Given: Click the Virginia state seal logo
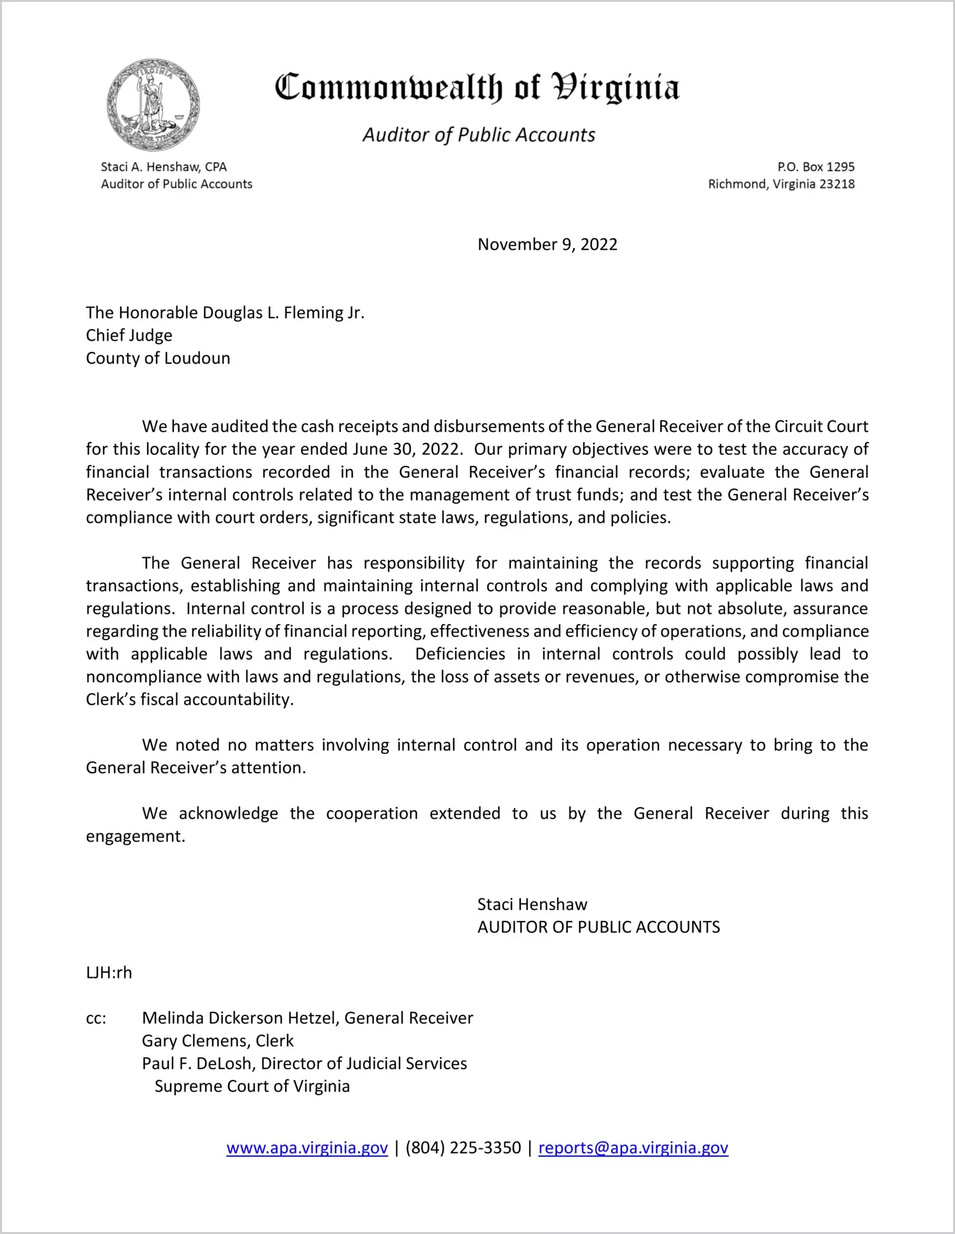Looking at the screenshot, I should [153, 105].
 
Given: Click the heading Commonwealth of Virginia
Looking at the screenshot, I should [477, 88].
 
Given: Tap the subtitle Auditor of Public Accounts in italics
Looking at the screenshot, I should [479, 135].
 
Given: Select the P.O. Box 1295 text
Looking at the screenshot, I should [816, 167].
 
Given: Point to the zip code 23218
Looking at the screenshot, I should [837, 184].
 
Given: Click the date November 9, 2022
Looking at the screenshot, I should [547, 245].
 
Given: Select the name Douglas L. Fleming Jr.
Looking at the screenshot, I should [283, 312].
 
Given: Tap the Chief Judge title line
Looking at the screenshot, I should [129, 335].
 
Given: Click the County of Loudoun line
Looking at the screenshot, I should [158, 358].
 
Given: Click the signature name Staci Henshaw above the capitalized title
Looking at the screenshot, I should [532, 904].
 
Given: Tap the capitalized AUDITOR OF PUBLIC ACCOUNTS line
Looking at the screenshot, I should [598, 927].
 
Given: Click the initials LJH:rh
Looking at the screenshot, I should [109, 973].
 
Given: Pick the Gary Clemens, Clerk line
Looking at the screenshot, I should [217, 1041].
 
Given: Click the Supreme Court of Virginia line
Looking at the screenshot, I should [252, 1086].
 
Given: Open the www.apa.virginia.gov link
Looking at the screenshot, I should [307, 1148].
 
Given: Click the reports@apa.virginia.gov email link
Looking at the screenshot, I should [633, 1148].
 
